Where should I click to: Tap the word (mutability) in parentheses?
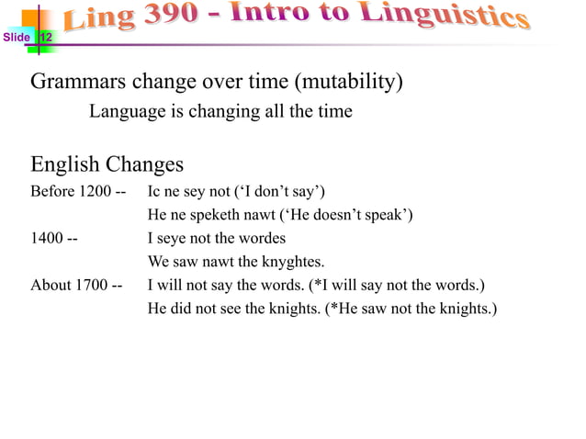click(348, 82)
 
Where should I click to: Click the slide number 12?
click(45, 38)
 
